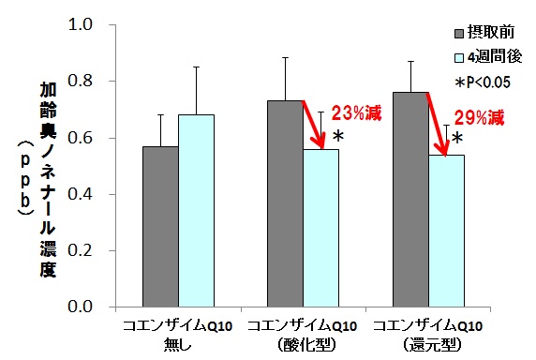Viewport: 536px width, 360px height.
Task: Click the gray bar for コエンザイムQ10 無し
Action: [x=160, y=227]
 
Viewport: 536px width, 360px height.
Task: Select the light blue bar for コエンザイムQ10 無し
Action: [x=196, y=211]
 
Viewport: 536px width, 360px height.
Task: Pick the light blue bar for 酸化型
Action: [x=320, y=229]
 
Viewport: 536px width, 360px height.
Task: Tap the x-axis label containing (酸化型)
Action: [x=302, y=333]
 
